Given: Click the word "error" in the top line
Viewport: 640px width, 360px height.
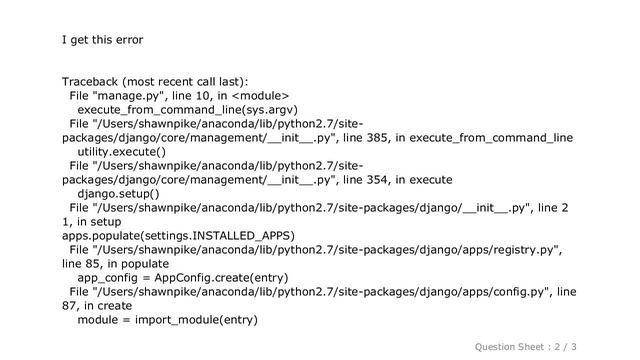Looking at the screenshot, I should point(128,40).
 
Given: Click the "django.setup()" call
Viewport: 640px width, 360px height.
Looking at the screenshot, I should point(122,194).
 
